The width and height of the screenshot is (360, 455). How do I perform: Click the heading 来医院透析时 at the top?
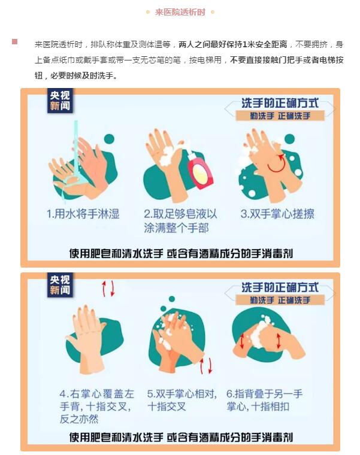[x=180, y=12]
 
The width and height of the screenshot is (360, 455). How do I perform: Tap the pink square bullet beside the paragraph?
[x=14, y=41]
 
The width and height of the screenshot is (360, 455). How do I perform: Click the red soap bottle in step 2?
[x=200, y=171]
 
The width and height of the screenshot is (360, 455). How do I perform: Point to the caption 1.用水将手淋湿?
[x=83, y=214]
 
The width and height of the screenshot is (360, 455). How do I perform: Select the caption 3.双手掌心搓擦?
[x=277, y=214]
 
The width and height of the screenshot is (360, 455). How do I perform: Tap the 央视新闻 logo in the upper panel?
[x=60, y=101]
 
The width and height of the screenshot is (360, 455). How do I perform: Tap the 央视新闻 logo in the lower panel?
[x=60, y=285]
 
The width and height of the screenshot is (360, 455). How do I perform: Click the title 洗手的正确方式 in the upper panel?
[x=280, y=103]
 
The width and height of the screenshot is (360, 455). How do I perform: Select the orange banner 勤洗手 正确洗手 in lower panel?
[x=280, y=300]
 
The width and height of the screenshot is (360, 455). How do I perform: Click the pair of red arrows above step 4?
[x=108, y=289]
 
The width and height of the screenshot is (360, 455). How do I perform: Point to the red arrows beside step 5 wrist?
[x=206, y=366]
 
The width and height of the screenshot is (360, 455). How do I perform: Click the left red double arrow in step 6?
[x=242, y=341]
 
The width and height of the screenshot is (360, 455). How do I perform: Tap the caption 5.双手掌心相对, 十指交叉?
[x=182, y=400]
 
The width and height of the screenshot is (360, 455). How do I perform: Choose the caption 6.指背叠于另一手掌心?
[x=264, y=400]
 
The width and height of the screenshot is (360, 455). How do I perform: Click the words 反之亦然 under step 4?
[x=79, y=419]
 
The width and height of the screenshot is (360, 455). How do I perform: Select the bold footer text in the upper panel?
[x=181, y=253]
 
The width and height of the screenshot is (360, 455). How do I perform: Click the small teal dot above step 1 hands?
[x=109, y=139]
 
